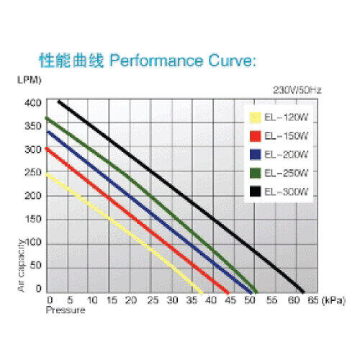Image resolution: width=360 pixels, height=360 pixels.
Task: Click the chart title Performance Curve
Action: point(183,60)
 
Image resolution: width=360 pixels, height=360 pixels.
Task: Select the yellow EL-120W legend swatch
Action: point(255,117)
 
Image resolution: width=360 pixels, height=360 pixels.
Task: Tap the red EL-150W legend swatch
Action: point(255,136)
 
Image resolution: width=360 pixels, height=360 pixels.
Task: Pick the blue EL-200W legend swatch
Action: point(255,155)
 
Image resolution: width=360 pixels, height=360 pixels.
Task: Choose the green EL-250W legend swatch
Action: point(255,173)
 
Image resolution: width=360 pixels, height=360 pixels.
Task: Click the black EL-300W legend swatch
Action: point(255,192)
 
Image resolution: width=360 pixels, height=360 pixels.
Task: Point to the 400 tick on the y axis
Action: point(33,103)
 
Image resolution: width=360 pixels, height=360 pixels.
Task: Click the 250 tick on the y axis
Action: point(33,173)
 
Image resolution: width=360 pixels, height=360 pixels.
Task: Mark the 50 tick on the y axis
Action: point(36,266)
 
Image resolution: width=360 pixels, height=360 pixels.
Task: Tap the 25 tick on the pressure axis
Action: point(153,300)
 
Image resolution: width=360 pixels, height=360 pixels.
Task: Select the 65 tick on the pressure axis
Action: point(313,300)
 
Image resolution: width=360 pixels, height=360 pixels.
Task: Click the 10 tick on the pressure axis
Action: point(92,300)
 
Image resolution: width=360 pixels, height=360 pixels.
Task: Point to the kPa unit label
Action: point(333,300)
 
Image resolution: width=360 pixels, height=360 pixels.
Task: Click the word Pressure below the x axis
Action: point(66,310)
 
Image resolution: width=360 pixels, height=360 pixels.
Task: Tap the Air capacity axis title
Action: point(22,266)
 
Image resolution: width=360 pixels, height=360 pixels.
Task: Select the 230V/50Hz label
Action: point(297,90)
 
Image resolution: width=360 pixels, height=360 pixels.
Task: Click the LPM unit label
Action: point(30,80)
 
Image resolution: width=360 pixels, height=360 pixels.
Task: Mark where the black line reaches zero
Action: point(303,292)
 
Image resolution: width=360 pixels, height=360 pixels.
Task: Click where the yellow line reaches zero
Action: point(202,293)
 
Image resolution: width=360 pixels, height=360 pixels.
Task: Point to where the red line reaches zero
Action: point(228,293)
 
